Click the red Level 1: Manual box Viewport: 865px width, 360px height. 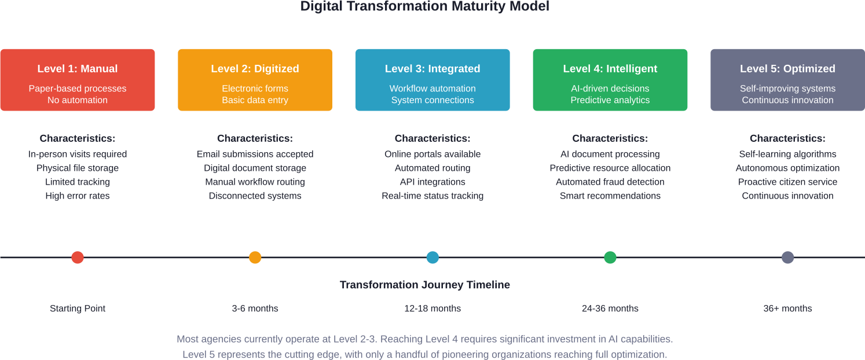click(78, 80)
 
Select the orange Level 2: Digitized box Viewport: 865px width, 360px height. click(255, 80)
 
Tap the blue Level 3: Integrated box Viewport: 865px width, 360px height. click(432, 80)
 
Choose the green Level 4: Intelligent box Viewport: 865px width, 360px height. click(610, 80)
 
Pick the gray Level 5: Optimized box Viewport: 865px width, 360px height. click(787, 80)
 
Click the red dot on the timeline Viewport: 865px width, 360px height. click(78, 258)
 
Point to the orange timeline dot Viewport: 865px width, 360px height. click(255, 258)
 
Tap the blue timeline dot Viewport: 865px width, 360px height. click(432, 258)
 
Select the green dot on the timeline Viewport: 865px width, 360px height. click(610, 258)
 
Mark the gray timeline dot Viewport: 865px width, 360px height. click(787, 258)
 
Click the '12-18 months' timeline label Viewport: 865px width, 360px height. click(432, 308)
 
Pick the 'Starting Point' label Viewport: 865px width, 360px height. click(78, 308)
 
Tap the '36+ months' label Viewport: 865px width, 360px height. click(787, 308)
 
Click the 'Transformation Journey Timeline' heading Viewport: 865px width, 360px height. click(425, 285)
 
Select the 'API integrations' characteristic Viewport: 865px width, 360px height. click(432, 182)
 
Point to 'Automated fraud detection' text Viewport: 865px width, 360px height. click(610, 182)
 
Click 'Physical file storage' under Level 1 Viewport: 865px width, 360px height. click(78, 168)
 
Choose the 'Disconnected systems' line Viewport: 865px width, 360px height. click(255, 196)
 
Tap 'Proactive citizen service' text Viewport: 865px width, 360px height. click(787, 182)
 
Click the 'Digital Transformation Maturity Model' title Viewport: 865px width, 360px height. click(425, 7)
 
